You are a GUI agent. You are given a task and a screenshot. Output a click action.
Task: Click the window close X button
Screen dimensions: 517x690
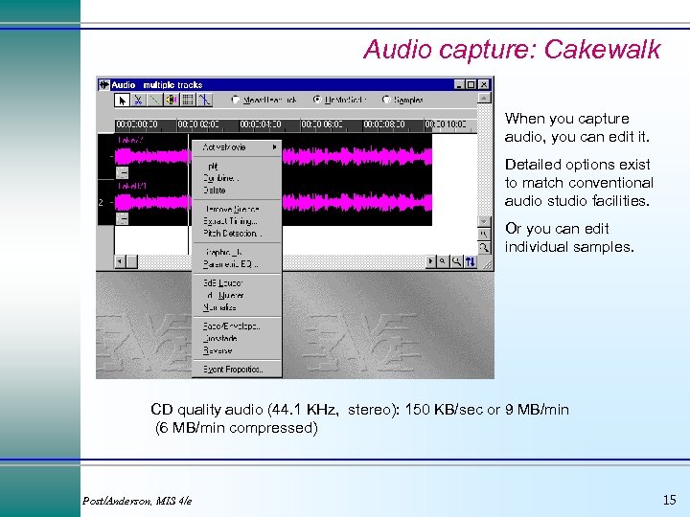coord(485,84)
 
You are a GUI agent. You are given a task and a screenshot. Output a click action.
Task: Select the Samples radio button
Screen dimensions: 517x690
coord(386,100)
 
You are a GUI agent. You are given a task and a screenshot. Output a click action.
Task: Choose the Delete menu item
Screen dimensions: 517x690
coord(214,191)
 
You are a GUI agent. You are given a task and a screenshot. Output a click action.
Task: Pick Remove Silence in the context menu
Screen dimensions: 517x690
coord(230,209)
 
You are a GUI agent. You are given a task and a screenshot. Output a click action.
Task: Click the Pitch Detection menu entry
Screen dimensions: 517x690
coord(231,233)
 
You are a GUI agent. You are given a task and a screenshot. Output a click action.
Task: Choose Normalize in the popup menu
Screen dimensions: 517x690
coord(220,308)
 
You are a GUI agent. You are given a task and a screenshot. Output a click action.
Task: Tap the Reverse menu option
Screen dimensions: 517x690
coord(218,350)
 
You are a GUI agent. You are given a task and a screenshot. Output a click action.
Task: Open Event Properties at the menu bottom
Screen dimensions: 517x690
coord(233,369)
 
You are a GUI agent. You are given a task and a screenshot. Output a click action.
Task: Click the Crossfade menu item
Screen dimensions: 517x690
coord(220,338)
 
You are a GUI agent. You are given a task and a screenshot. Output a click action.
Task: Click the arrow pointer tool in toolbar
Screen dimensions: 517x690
coord(123,99)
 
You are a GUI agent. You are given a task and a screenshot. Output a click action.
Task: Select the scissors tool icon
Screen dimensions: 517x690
coord(139,99)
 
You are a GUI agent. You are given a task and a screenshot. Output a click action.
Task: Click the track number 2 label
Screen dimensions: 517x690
coord(101,202)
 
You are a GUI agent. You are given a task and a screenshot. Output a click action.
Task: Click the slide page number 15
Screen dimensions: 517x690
coord(669,499)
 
